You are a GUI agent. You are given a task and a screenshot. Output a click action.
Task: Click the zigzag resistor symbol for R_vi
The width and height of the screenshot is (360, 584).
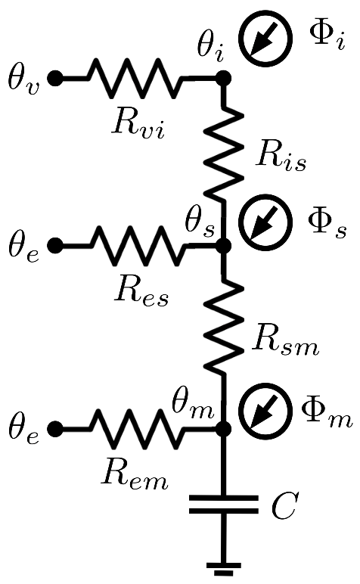[136, 77]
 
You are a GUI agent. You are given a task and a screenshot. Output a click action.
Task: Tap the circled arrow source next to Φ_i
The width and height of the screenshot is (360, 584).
[264, 41]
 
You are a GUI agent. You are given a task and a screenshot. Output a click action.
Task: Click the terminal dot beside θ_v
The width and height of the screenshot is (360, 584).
[54, 77]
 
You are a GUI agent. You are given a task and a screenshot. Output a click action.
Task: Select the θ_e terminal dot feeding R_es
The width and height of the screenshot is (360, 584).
[54, 246]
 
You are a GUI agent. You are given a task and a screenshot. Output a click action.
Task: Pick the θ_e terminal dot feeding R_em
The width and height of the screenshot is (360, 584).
[54, 429]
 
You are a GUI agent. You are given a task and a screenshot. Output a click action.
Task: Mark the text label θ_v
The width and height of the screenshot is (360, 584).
[23, 77]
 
